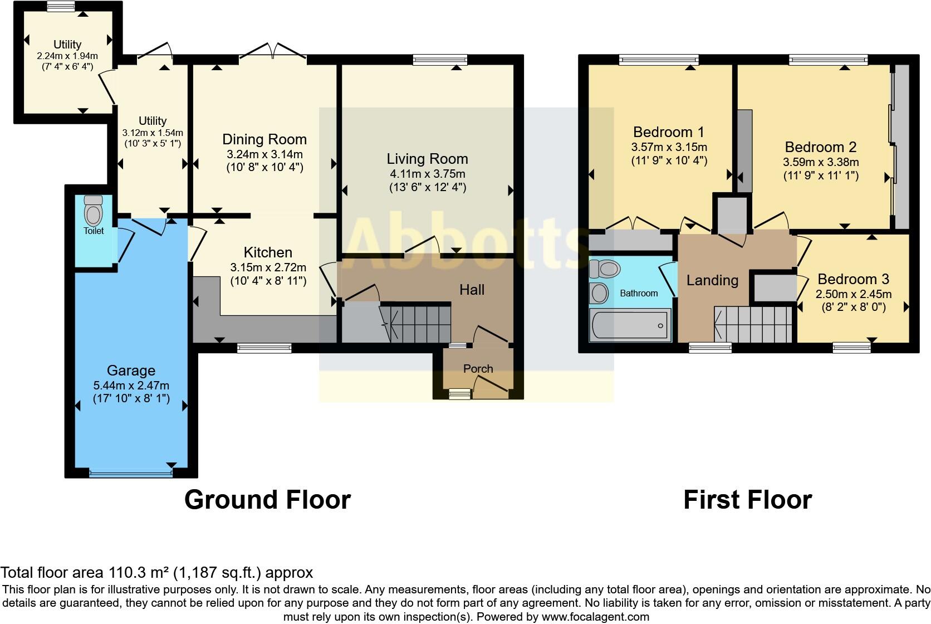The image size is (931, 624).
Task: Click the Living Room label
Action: tap(427, 159)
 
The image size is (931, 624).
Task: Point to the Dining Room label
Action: tap(264, 139)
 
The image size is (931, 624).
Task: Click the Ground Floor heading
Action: tap(267, 500)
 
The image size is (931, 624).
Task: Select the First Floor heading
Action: tap(747, 500)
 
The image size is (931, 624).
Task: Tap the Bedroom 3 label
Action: tap(853, 279)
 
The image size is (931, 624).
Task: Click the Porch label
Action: tap(478, 368)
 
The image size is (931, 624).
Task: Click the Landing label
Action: tap(712, 280)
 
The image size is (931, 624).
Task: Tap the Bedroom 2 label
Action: tap(820, 147)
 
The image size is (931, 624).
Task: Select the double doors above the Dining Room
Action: tap(272, 53)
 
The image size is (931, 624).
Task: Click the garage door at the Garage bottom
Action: tap(130, 474)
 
